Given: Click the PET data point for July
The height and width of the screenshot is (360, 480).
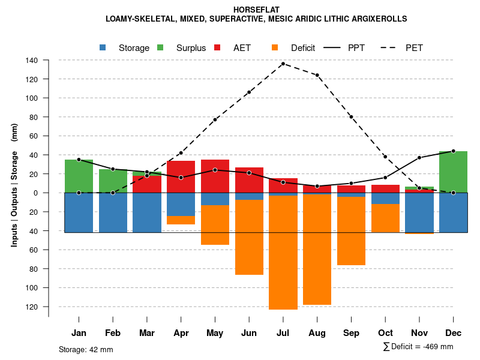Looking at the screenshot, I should click(283, 64).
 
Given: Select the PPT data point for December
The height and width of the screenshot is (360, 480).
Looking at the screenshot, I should click(453, 151).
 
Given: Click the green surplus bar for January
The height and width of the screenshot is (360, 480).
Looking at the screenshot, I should click(79, 176).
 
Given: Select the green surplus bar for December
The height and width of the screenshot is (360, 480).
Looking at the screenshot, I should click(453, 172).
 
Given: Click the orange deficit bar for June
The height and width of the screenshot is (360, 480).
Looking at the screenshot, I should click(249, 237).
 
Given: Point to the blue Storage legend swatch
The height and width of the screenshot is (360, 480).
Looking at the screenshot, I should click(103, 47).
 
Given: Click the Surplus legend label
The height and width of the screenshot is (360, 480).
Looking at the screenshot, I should click(191, 48).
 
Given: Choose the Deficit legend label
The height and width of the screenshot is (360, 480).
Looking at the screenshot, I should click(303, 48).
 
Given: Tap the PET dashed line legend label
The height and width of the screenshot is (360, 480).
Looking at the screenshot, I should click(414, 48).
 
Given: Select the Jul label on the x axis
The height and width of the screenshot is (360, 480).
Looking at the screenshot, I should click(283, 333).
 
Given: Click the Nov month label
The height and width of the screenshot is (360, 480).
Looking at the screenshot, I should click(419, 333).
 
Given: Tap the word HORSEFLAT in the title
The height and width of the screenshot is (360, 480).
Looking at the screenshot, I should click(256, 10).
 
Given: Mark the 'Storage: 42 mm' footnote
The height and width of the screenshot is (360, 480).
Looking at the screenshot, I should click(86, 349).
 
